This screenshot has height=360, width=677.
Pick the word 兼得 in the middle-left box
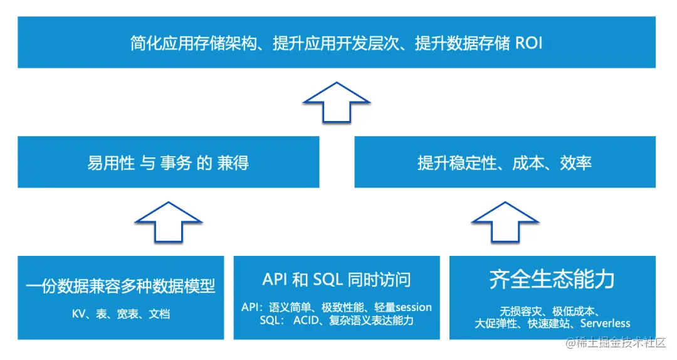click(232, 164)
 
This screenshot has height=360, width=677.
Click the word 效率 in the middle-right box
click(576, 164)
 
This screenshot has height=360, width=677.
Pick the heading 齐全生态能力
click(552, 280)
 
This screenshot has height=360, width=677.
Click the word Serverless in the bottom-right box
click(605, 324)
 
